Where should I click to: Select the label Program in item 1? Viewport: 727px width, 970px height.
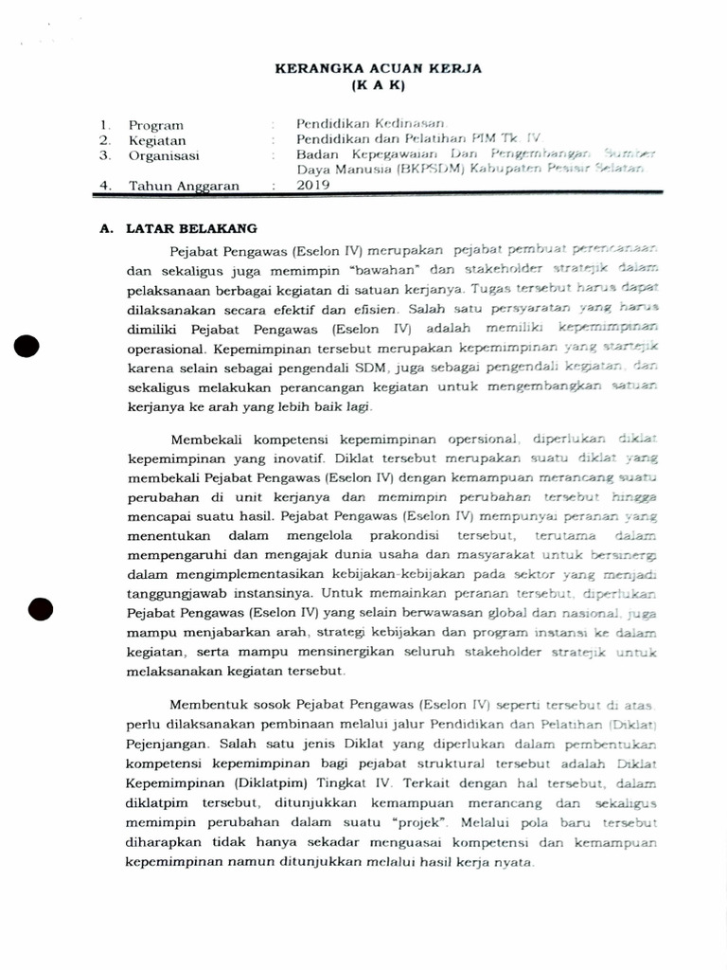(156, 125)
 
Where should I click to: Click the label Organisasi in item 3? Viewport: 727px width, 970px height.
(164, 155)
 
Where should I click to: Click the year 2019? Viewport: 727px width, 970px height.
(313, 186)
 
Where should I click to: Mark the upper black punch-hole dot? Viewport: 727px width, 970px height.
(27, 348)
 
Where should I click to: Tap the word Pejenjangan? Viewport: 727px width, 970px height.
(168, 745)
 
